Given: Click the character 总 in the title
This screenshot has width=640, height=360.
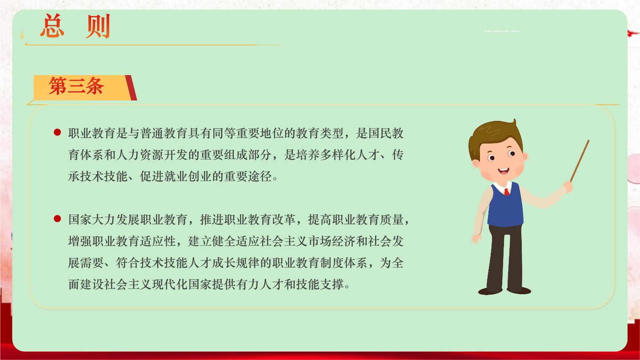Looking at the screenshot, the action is (52, 26).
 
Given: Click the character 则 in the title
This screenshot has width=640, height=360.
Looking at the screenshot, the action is (98, 26).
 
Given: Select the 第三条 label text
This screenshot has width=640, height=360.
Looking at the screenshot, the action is (76, 86).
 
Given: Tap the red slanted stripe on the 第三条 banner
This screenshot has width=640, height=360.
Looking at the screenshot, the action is (131, 88).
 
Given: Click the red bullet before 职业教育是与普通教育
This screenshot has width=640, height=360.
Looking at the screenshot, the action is (57, 132).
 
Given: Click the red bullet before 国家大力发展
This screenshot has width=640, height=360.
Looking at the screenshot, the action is (57, 219).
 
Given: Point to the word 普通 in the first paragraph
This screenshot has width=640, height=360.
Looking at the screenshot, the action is (152, 133).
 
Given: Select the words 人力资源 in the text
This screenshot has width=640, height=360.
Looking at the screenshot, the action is (140, 155).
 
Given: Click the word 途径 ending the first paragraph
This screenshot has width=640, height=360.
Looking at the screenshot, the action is (260, 176).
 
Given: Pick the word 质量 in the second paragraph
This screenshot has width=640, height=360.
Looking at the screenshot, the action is (392, 220).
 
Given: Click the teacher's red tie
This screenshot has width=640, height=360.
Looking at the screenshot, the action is (507, 192).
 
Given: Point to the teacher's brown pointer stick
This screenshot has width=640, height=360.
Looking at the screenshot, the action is (580, 161).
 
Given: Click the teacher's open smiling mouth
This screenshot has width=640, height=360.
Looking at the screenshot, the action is (504, 172).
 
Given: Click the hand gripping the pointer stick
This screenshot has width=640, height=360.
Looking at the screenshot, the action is (568, 187).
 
